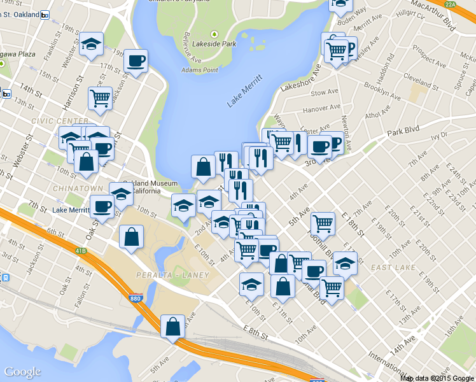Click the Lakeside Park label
pyautogui.click(x=219, y=44)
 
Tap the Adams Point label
pyautogui.click(x=200, y=69)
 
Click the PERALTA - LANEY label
pyautogui.click(x=169, y=274)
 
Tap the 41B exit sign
pyautogui.click(x=80, y=251)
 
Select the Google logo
pyautogui.click(x=22, y=372)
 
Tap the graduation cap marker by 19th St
pyautogui.click(x=92, y=45)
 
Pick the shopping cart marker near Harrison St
pyautogui.click(x=100, y=97)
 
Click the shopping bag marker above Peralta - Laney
pyautogui.click(x=131, y=237)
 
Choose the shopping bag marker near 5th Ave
pyautogui.click(x=173, y=327)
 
